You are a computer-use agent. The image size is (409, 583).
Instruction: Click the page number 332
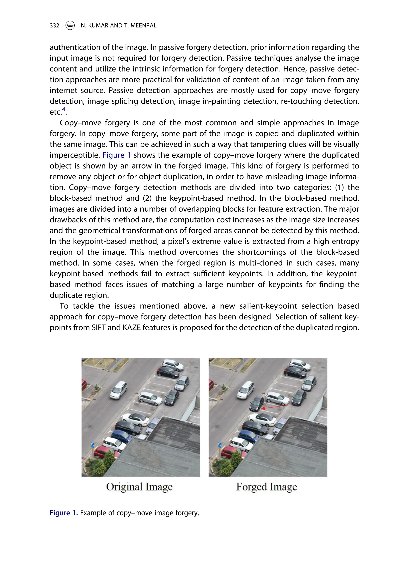click(x=54, y=25)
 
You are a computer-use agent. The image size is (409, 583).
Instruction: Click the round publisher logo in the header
click(x=70, y=25)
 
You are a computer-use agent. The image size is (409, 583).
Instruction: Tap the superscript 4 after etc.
click(x=64, y=109)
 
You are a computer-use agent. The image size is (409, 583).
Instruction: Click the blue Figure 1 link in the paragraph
click(x=116, y=155)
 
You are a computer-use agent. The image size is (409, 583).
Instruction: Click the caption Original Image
click(x=139, y=487)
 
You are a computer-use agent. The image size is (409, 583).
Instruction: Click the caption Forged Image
click(x=266, y=487)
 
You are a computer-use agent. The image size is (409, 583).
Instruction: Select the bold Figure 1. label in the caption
click(x=64, y=513)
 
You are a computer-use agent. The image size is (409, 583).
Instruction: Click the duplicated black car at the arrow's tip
click(x=257, y=404)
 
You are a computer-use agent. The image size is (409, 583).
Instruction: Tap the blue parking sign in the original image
click(x=93, y=445)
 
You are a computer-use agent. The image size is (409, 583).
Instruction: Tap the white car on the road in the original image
click(x=119, y=390)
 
